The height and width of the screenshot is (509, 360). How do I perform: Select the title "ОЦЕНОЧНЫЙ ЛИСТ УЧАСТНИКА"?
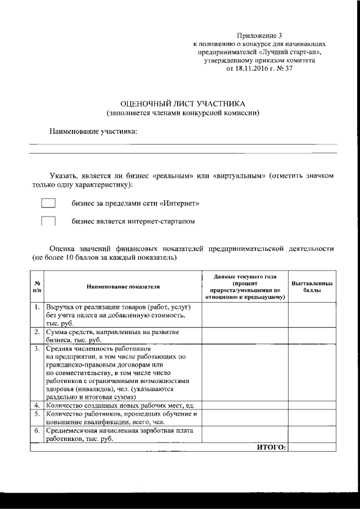184,104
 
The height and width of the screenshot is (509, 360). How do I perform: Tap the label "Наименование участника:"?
93,131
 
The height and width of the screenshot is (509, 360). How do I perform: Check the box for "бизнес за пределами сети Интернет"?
48,202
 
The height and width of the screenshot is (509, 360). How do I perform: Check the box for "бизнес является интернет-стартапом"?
48,221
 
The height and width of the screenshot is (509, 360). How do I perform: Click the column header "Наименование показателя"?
123,287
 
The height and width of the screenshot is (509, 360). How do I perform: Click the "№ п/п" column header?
37,287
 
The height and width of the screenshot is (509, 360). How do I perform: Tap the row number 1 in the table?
37,308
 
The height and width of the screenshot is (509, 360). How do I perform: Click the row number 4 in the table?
37,405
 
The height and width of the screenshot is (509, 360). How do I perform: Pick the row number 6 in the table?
37,431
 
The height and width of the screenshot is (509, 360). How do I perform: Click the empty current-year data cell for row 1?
245,315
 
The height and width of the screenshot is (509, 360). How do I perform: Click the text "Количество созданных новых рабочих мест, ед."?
120,405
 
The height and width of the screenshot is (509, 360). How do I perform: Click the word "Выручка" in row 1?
61,308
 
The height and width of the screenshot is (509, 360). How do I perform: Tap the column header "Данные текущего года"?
245,276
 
